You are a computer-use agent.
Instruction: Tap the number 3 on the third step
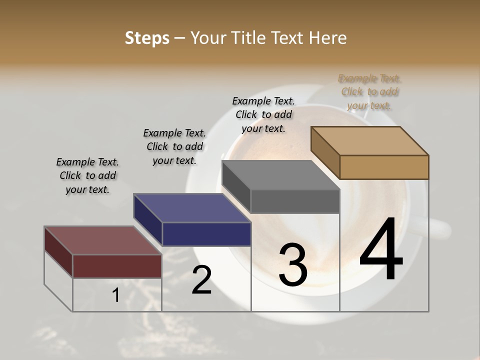293,265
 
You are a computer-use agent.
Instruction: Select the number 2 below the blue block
201,279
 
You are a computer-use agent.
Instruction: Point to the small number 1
115,295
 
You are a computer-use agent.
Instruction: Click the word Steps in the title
147,38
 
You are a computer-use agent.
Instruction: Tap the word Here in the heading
328,38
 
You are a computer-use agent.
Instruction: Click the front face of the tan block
384,167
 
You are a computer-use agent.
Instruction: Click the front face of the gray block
295,201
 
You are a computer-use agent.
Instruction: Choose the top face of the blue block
192,208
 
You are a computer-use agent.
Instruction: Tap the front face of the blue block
206,234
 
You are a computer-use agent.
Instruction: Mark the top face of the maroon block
103,240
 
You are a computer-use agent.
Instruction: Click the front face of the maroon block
117,266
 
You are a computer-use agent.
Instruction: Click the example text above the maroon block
87,175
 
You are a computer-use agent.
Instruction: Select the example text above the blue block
174,146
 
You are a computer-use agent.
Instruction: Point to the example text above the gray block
263,114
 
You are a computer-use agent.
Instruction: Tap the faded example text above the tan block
369,91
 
